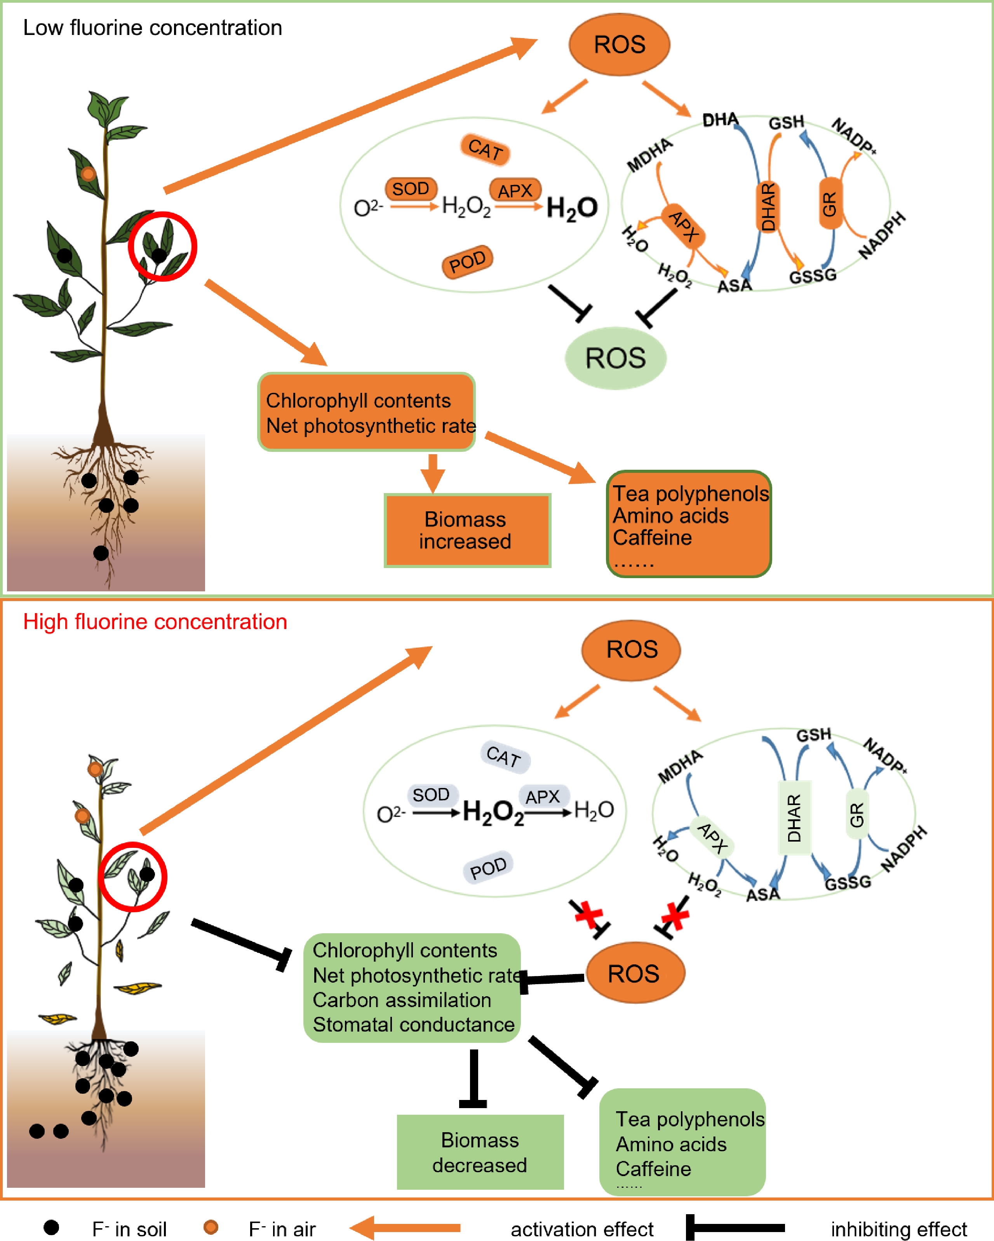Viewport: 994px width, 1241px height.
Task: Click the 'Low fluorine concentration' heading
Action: tap(153, 28)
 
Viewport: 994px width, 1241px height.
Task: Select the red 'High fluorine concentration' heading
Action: tap(155, 622)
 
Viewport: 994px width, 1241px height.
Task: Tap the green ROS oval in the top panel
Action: tap(615, 358)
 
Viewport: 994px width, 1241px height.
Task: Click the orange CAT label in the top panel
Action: tap(485, 149)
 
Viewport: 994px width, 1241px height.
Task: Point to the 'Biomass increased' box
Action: tap(467, 530)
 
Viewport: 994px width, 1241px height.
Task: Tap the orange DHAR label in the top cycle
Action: tap(768, 206)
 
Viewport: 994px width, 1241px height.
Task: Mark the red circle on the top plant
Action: tap(162, 246)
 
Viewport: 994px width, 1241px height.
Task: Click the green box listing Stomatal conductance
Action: tap(412, 987)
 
